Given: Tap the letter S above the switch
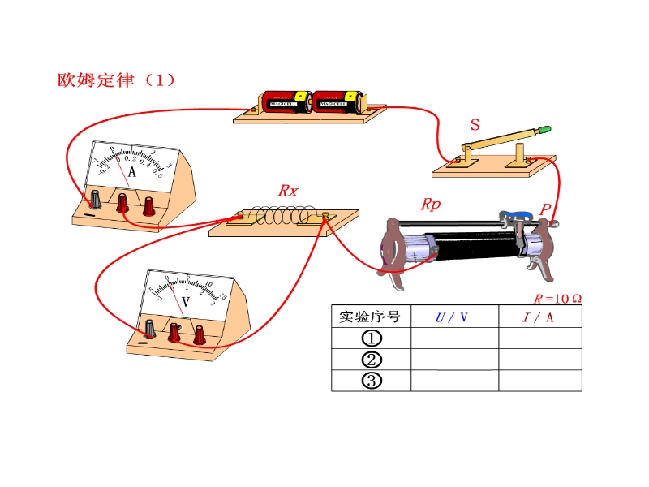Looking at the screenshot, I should tap(475, 125).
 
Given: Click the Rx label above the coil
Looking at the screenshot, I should tap(287, 191).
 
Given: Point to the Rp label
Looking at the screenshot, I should tap(430, 205).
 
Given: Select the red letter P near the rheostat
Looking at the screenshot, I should tap(545, 209).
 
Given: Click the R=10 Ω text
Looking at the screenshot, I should tap(557, 298).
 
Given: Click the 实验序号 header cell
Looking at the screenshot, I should tap(371, 317).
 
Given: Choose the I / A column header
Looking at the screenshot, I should tap(539, 317).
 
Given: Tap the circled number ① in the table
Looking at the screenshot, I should tap(371, 338).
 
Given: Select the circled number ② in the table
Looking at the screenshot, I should tap(371, 360).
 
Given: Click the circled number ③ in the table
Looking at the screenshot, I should tap(371, 381).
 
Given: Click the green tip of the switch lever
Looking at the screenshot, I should tap(544, 128).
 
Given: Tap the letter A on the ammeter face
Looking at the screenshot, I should tap(131, 172).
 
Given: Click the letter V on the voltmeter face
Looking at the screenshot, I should tap(185, 301).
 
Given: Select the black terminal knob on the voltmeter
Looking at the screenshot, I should tap(149, 328).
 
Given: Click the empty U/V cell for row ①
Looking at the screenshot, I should tap(454, 338).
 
